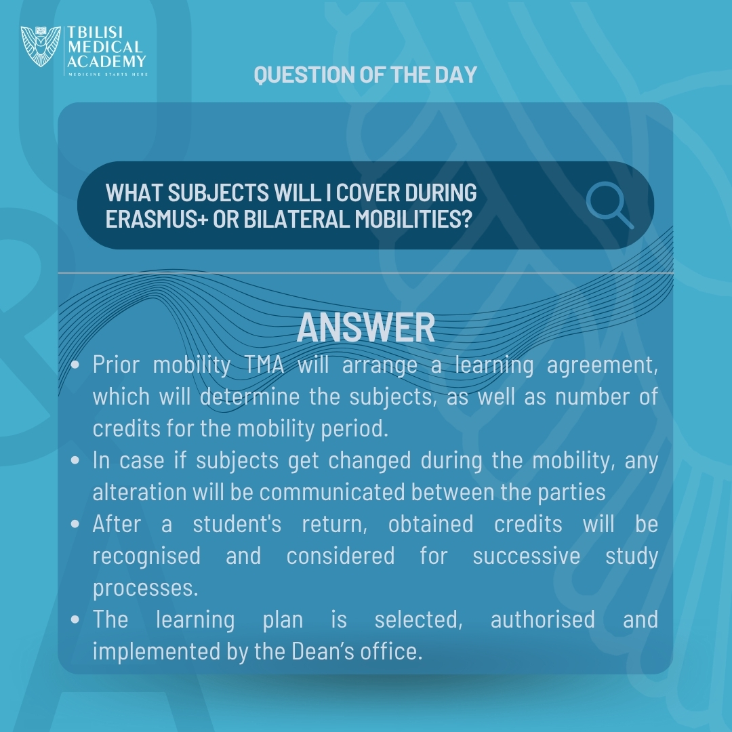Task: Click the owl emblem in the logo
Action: pyautogui.click(x=41, y=46)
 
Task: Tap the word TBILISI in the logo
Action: pyautogui.click(x=96, y=33)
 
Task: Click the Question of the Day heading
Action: pyautogui.click(x=365, y=75)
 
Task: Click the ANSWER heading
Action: pyautogui.click(x=365, y=327)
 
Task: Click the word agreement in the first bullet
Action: pyautogui.click(x=603, y=365)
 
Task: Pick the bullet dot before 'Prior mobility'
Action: pyautogui.click(x=75, y=365)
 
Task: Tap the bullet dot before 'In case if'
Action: pyautogui.click(x=75, y=461)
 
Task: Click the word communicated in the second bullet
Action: pyautogui.click(x=332, y=492)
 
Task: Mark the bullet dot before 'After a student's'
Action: pyautogui.click(x=75, y=524)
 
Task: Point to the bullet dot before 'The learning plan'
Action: pyautogui.click(x=75, y=620)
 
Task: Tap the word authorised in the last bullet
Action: pyautogui.click(x=542, y=619)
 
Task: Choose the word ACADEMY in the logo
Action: pyautogui.click(x=106, y=61)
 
